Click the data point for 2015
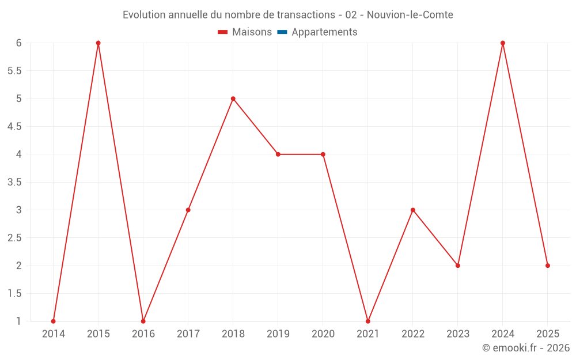pos(98,43)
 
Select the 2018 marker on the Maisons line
pos(233,98)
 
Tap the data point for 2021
pos(368,321)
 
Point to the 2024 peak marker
pos(503,43)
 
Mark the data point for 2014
pos(54,321)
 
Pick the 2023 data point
pos(458,266)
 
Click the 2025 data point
pos(548,266)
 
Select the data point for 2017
pos(188,210)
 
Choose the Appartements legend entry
pos(324,32)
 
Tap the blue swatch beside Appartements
pos(282,32)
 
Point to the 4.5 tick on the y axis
pos(14,127)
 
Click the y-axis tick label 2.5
pos(14,238)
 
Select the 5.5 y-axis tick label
pos(14,71)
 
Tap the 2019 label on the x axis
pos(278,334)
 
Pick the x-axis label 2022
pos(413,334)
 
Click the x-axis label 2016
pos(143,334)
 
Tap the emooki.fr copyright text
pos(526,348)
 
